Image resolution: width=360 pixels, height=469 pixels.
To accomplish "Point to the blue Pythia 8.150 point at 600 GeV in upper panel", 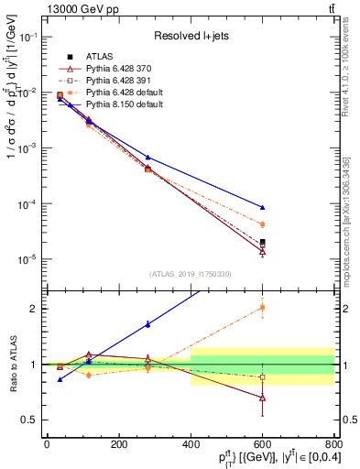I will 263,207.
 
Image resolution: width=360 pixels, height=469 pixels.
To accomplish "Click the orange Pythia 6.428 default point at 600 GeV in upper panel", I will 263,224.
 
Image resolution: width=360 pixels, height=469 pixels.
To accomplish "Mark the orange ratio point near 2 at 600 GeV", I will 263,308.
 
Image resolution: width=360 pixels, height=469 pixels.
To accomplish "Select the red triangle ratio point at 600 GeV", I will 263,398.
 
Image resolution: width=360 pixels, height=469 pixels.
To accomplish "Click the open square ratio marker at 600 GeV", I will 263,376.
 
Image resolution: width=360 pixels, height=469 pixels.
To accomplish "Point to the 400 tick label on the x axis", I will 191,443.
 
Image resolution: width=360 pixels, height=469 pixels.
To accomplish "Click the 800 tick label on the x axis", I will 334,443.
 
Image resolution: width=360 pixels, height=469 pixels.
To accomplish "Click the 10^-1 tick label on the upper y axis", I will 29,37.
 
